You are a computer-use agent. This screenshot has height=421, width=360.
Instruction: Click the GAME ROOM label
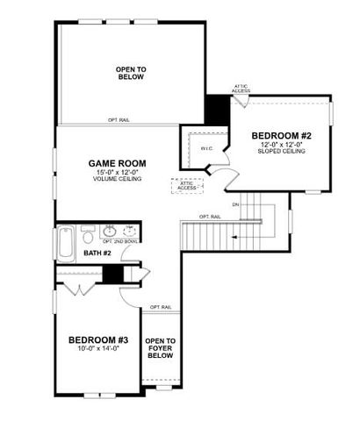116,163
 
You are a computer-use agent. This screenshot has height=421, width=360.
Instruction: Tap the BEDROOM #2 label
282,136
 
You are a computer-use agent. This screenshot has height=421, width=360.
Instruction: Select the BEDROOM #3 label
97,339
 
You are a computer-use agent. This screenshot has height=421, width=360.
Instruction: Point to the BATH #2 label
97,253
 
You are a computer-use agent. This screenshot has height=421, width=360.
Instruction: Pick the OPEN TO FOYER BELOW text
160,348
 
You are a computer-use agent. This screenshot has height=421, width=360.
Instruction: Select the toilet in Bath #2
88,235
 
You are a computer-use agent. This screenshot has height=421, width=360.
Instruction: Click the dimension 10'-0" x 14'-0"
97,348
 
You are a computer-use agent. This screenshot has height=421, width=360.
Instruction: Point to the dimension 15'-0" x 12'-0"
116,173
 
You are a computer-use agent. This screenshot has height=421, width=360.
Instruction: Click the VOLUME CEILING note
116,181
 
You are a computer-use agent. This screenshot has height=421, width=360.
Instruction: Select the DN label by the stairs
235,204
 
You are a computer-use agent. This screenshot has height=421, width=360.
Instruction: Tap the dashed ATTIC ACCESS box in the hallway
187,184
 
